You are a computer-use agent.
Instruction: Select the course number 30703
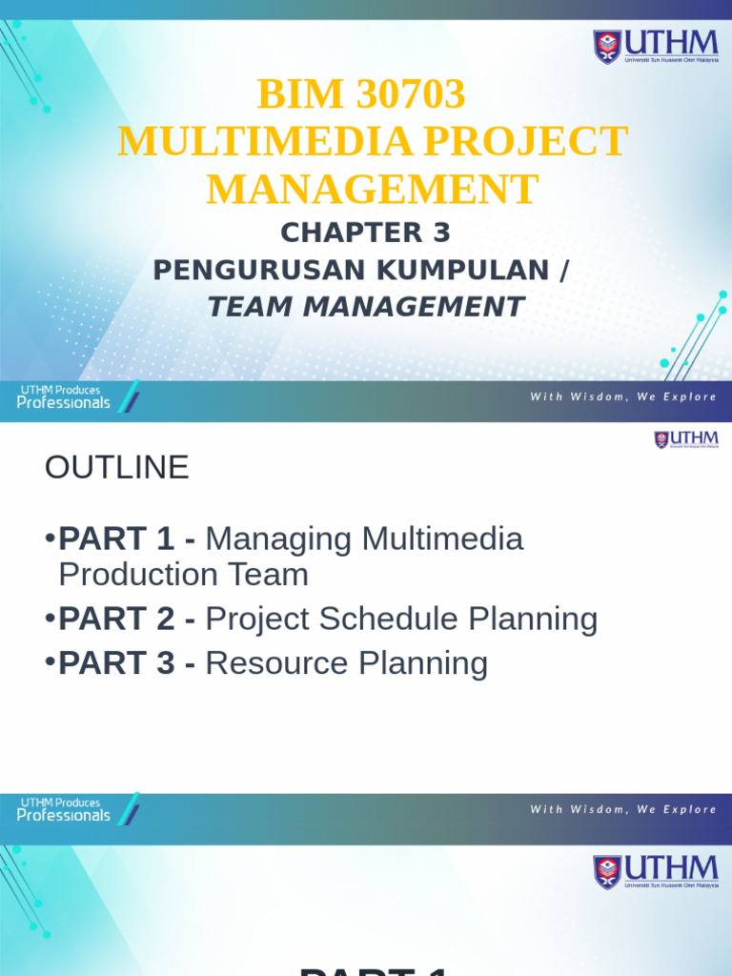pyautogui.click(x=410, y=95)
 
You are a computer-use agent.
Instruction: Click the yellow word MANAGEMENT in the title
pyautogui.click(x=373, y=189)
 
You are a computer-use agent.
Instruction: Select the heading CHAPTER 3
pyautogui.click(x=365, y=233)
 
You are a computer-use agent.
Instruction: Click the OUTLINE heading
pyautogui.click(x=116, y=468)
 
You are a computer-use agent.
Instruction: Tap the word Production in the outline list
pyautogui.click(x=127, y=575)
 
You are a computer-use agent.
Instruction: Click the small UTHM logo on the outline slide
pyautogui.click(x=685, y=439)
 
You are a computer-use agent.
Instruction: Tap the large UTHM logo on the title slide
pyautogui.click(x=656, y=46)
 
